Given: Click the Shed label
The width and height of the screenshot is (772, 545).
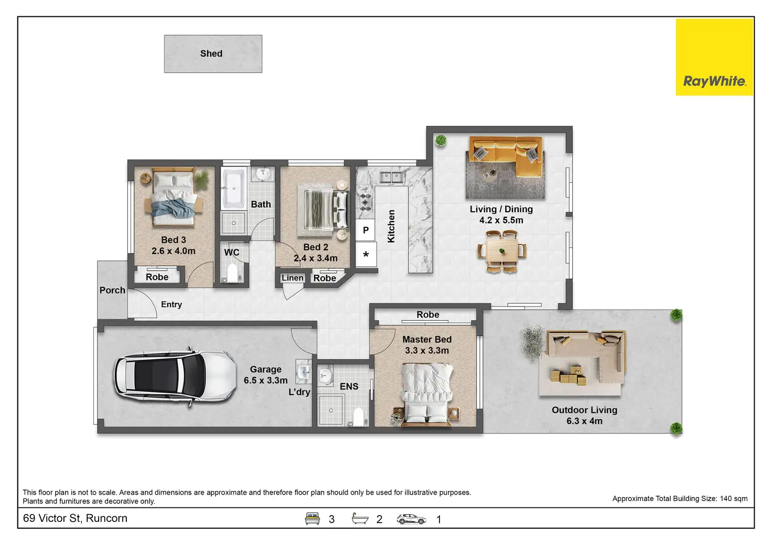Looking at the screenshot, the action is (x=211, y=53).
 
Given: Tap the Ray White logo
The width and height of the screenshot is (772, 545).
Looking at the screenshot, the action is (x=714, y=57).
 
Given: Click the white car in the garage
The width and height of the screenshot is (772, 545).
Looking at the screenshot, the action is (x=175, y=377).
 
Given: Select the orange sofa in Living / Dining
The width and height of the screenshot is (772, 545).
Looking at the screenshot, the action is (x=506, y=155).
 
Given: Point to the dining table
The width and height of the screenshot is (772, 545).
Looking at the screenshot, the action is (x=502, y=252).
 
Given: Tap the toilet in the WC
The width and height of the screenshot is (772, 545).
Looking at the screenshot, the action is (x=232, y=273).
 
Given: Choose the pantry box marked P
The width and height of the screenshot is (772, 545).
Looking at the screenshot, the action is (x=366, y=230).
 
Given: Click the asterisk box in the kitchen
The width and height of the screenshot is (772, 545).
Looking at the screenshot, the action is (x=366, y=255).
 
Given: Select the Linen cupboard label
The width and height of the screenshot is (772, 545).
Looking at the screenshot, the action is (x=292, y=278).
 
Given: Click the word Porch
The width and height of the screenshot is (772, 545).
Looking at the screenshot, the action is (x=112, y=290).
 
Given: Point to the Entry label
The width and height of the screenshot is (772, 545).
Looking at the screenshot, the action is (x=171, y=304).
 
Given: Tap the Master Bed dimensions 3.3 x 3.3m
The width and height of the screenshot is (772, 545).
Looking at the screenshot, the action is (x=427, y=351).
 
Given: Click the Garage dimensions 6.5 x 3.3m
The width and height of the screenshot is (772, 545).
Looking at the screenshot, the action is (x=265, y=380).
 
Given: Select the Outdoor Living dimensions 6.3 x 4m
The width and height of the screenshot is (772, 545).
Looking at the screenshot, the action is (x=584, y=421).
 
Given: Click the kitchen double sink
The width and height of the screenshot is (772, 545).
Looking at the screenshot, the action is (x=392, y=177).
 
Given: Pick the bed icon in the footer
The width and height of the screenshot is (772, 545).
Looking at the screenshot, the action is (x=312, y=519).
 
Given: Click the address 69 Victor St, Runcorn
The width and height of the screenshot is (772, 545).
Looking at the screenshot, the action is (x=75, y=518).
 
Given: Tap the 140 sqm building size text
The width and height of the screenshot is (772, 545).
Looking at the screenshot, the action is (x=734, y=498).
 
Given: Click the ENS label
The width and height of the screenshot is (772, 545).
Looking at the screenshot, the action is (x=349, y=386).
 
